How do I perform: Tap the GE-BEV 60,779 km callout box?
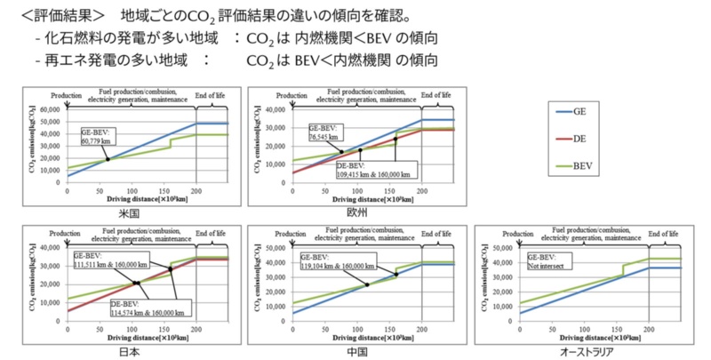[x=98, y=136]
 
